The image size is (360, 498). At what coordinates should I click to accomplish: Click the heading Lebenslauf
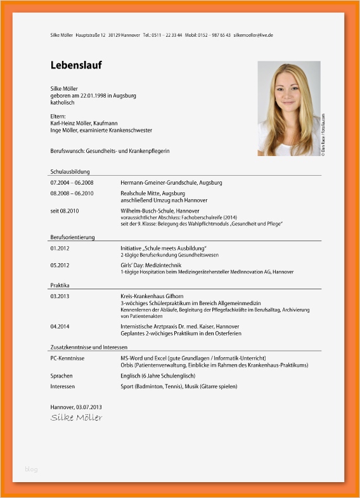click(76, 65)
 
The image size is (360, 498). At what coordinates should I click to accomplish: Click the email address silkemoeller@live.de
click(254, 35)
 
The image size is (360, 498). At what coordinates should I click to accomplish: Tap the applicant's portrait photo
click(288, 108)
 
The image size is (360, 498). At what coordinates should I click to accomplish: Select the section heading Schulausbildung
click(70, 171)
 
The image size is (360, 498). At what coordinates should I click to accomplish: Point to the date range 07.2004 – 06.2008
click(72, 183)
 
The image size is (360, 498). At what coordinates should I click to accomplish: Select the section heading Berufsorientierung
click(72, 237)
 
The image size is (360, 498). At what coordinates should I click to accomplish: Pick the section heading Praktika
click(60, 285)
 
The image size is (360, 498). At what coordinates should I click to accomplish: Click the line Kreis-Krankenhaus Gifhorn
click(152, 296)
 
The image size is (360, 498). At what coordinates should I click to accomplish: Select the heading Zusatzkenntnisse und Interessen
click(89, 347)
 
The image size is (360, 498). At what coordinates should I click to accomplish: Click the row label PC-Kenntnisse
click(67, 358)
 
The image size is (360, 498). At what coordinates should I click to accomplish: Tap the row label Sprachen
click(61, 376)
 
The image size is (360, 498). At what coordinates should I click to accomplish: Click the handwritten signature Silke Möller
click(76, 417)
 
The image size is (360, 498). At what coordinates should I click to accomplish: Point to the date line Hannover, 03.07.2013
click(75, 406)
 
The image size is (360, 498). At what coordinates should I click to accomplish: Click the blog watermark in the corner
click(31, 469)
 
